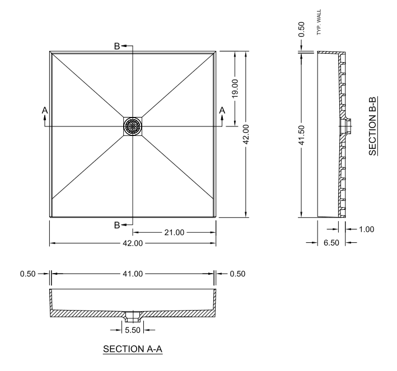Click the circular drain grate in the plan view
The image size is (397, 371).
pyautogui.click(x=133, y=126)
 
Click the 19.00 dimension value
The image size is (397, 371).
pyautogui.click(x=235, y=88)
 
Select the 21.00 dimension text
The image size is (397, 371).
pyautogui.click(x=174, y=232)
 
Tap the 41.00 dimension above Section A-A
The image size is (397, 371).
pyautogui.click(x=133, y=274)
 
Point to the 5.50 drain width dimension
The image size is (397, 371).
pyautogui.click(x=133, y=330)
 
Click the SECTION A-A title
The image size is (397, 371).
pyautogui.click(x=133, y=349)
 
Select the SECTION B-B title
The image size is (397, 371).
pyautogui.click(x=373, y=126)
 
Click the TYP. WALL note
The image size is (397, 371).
pyautogui.click(x=319, y=22)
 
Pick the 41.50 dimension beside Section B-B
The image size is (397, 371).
pyautogui.click(x=301, y=135)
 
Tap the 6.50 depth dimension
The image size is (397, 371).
pyautogui.click(x=331, y=243)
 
